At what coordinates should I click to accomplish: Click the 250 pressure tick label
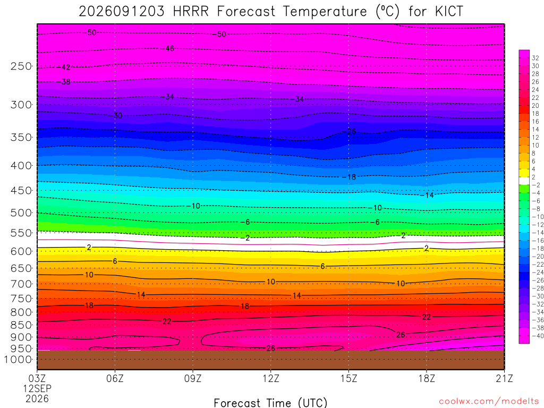point(21,66)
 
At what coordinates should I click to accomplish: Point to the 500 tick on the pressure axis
point(21,212)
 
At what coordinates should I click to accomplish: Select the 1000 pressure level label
point(18,360)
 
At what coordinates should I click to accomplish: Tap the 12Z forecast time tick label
point(270,378)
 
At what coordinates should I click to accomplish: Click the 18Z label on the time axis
point(427,378)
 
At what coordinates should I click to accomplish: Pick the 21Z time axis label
point(504,378)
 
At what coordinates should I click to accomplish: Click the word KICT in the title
point(449,12)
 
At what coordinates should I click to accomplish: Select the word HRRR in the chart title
point(191,12)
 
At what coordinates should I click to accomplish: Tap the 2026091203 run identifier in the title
point(122,12)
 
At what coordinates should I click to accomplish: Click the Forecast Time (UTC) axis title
point(270,403)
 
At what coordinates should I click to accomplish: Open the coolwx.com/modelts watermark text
point(489,402)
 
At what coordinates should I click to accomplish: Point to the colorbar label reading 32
point(535,58)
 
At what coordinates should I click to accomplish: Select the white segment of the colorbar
point(524,181)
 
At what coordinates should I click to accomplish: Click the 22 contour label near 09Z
point(167,321)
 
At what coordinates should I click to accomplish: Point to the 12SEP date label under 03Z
point(37,388)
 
